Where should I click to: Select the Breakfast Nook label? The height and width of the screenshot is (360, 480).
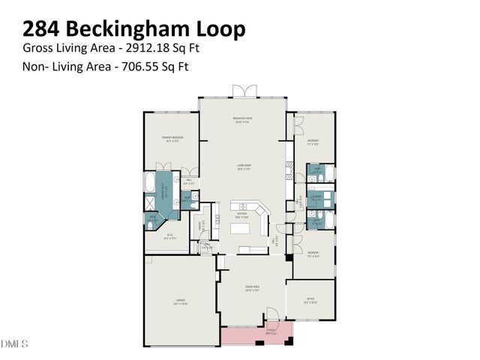click(x=241, y=119)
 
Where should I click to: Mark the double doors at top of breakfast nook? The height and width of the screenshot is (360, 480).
click(x=241, y=91)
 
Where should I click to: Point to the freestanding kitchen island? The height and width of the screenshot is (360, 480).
click(x=247, y=250)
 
